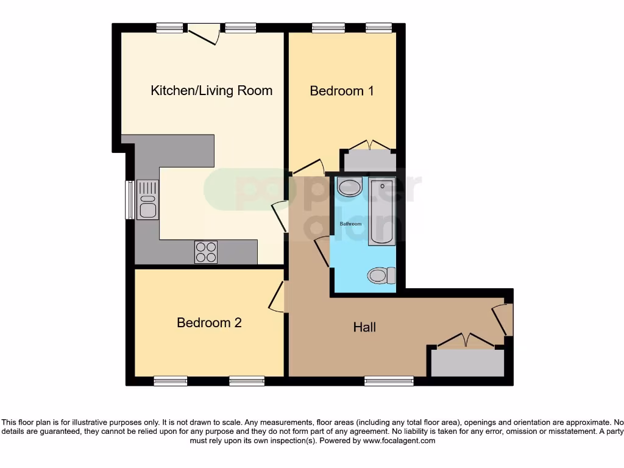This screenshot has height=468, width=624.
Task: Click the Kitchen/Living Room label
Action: point(211,91)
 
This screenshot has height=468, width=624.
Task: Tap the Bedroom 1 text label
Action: point(342,91)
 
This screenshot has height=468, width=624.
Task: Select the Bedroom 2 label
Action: point(209,322)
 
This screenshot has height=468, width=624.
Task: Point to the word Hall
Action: point(364,327)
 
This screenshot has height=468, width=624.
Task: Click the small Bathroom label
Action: point(350,224)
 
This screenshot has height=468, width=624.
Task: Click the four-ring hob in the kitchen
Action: point(206,252)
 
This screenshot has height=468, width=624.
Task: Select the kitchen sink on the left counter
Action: point(147,200)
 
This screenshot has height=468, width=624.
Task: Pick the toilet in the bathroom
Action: point(380,276)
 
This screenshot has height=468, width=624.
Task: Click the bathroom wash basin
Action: point(349,186)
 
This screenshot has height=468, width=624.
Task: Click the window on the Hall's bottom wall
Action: point(389,381)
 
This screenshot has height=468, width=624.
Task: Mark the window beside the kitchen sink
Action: point(129,199)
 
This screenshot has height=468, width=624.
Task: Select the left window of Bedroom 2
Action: point(171,381)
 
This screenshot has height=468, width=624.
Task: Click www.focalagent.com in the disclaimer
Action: point(399,441)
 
